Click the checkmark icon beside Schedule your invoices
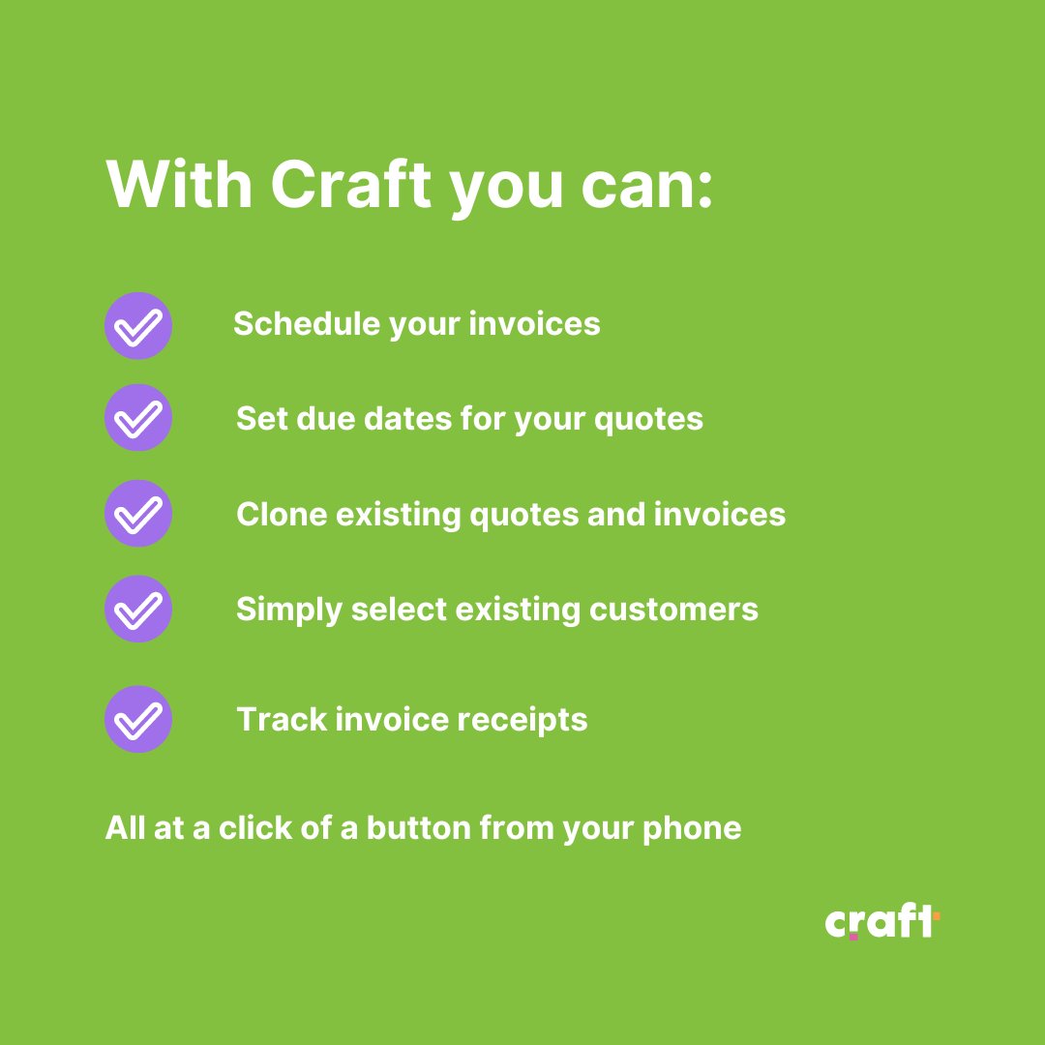click(138, 326)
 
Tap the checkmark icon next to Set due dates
click(138, 418)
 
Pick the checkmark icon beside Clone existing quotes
click(138, 513)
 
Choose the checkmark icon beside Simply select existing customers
click(138, 609)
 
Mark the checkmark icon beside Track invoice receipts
click(138, 719)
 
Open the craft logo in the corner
click(881, 922)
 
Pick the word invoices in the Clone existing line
click(720, 514)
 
